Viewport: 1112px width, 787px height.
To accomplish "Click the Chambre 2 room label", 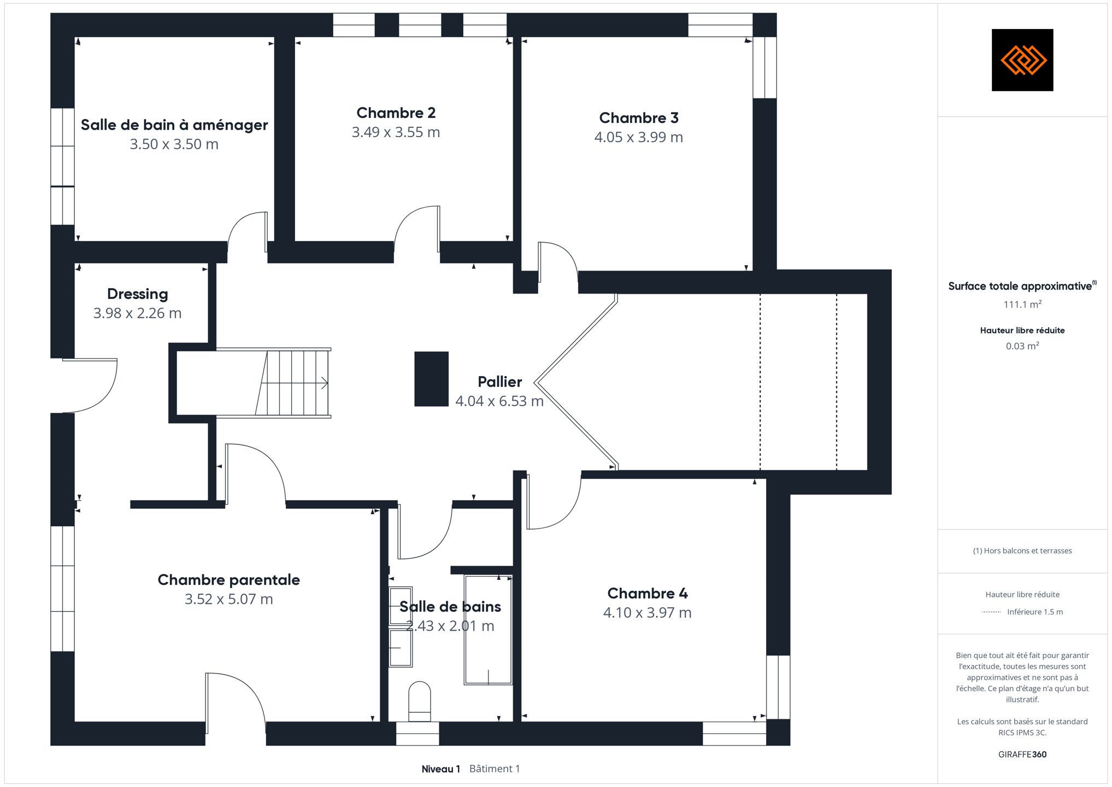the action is (x=396, y=113).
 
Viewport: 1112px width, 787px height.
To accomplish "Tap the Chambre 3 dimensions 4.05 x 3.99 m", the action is (x=638, y=137).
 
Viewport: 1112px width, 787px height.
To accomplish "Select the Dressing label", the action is (x=137, y=294).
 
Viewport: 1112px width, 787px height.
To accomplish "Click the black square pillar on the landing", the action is (x=431, y=379).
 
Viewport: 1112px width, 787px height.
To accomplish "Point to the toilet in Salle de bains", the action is (x=420, y=701).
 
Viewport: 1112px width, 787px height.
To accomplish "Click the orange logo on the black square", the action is (x=1022, y=60).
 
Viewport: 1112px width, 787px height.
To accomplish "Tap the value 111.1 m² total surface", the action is (x=1022, y=304).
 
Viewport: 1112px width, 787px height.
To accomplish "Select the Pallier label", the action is (x=499, y=381).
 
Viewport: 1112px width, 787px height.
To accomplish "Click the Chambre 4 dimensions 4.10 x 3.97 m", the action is (x=647, y=613).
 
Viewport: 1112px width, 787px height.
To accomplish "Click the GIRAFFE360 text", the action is (x=1022, y=754).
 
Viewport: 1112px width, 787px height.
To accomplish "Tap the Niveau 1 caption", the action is (x=440, y=769).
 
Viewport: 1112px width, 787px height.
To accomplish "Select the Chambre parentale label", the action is (x=228, y=580).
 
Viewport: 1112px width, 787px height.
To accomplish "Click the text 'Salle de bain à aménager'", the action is (x=174, y=125).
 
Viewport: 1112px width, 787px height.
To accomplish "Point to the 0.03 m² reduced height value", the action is (x=1022, y=346).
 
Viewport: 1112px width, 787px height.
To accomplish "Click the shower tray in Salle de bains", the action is (x=488, y=630).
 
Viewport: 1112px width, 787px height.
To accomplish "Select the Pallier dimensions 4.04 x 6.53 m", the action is (x=499, y=401).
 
